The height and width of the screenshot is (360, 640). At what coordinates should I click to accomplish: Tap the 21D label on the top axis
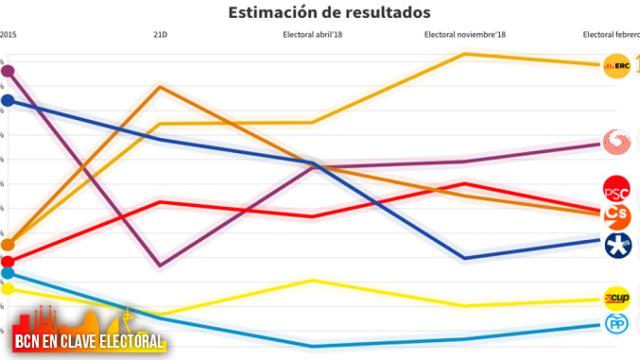click(x=160, y=34)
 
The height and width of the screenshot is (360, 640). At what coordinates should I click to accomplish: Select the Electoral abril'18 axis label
click(x=314, y=34)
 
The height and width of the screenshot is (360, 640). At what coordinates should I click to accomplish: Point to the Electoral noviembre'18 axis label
click(x=467, y=34)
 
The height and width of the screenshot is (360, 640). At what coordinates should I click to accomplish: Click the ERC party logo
click(x=612, y=66)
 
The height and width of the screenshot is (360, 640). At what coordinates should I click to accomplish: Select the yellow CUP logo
click(x=615, y=298)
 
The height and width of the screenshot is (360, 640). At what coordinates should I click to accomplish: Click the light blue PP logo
click(x=615, y=323)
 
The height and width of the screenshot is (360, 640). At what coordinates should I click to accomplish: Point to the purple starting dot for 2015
click(x=8, y=70)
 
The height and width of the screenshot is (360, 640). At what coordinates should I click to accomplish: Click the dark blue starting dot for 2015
click(x=8, y=100)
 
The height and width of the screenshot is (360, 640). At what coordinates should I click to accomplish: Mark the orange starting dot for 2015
click(x=8, y=244)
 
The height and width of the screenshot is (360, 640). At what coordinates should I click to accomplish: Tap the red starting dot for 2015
click(x=8, y=262)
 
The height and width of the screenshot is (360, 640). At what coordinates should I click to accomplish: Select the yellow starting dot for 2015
click(x=8, y=289)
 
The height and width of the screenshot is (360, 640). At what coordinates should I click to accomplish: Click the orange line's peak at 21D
click(x=160, y=87)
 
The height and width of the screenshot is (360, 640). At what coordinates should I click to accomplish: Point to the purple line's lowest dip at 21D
click(x=160, y=266)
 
